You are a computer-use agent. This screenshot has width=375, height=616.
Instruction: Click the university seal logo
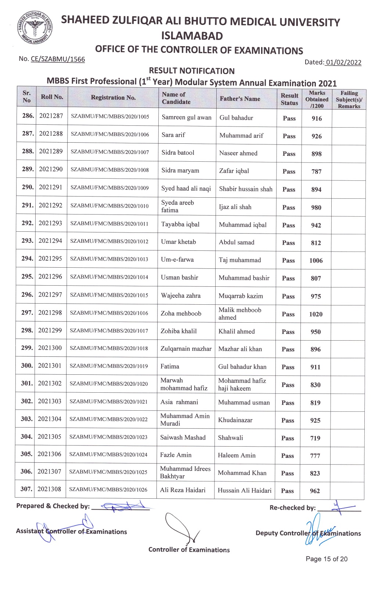click(34, 29)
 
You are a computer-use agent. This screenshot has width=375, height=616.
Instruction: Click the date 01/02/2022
click(343, 62)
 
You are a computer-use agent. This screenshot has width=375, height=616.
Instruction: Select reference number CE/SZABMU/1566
click(58, 59)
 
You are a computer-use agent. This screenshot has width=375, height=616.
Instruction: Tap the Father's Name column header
click(240, 99)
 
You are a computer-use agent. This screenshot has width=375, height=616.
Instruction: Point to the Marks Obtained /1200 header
click(317, 99)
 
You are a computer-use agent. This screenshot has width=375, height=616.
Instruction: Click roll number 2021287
click(51, 116)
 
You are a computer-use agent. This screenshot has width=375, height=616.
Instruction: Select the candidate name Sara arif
click(173, 135)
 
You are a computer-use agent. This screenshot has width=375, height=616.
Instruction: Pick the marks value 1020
click(315, 314)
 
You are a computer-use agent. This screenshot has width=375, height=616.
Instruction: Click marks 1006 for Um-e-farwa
click(316, 261)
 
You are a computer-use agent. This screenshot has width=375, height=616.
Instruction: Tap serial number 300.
click(26, 366)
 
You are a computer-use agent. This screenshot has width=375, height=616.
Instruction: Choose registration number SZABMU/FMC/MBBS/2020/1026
click(108, 490)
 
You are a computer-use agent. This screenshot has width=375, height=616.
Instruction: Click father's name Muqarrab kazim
click(241, 296)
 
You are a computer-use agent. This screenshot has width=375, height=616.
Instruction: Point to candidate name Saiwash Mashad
click(183, 437)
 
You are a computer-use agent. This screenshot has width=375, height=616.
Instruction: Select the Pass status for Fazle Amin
click(287, 456)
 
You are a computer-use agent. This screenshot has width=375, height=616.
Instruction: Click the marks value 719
click(315, 438)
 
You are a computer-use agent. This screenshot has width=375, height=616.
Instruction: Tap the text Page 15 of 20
click(327, 559)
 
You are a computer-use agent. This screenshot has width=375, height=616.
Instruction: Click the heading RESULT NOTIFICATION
click(192, 71)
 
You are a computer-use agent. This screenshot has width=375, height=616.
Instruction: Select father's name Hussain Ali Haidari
click(245, 491)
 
